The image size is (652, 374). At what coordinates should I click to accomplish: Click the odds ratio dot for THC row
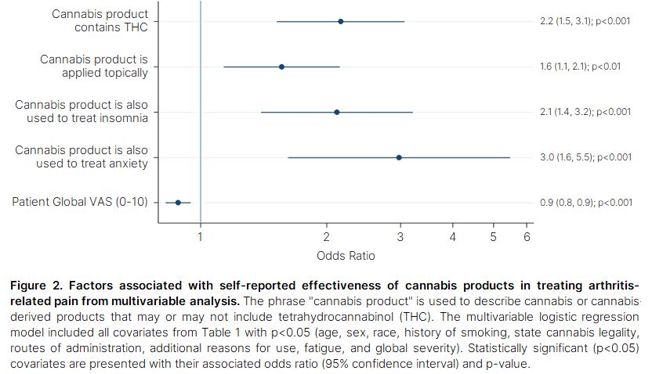[340, 21]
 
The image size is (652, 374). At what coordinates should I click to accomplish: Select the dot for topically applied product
[281, 67]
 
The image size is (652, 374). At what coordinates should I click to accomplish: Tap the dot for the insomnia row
[337, 112]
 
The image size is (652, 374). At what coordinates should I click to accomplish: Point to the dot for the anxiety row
[399, 157]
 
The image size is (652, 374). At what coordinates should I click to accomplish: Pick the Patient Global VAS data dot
[178, 203]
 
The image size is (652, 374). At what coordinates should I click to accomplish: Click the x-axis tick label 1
[200, 237]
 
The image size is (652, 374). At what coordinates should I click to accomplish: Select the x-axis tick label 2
[327, 237]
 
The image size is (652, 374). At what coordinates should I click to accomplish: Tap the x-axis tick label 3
[400, 237]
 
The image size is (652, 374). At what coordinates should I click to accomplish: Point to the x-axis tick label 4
[452, 237]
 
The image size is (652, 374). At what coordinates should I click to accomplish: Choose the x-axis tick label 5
[494, 237]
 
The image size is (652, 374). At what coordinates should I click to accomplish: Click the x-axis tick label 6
[527, 237]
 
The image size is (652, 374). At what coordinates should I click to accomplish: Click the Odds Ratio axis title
[346, 256]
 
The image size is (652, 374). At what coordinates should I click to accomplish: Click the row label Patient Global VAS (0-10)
[79, 202]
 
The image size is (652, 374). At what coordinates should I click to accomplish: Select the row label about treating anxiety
[81, 157]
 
